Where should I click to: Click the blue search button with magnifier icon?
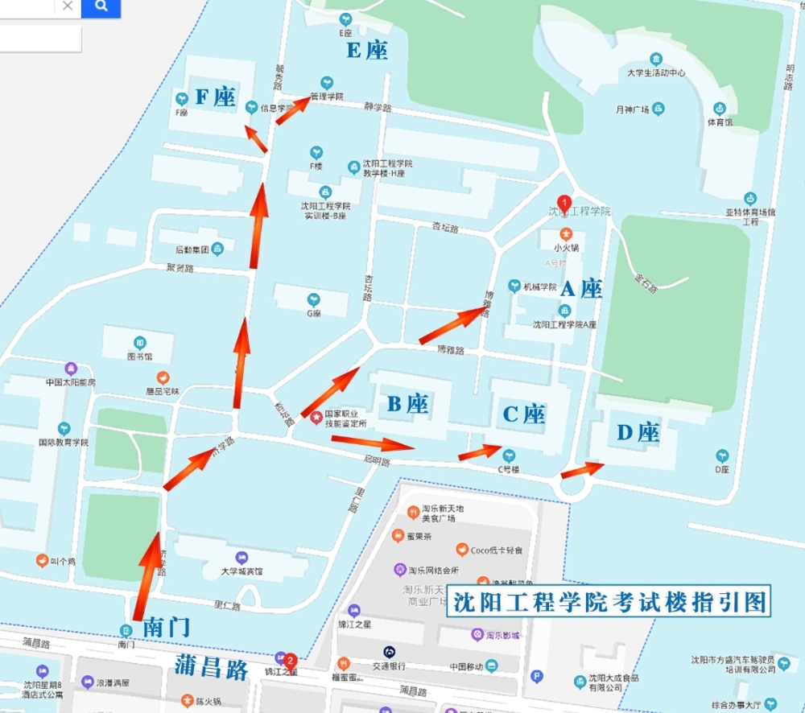click(x=101, y=7)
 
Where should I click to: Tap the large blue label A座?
click(x=581, y=289)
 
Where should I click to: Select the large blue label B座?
click(x=407, y=404)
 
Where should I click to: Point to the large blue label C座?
click(x=524, y=414)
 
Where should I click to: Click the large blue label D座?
click(x=638, y=433)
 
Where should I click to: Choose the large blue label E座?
click(x=367, y=52)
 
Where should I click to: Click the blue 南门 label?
click(x=166, y=628)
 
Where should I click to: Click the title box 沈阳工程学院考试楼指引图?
click(x=609, y=601)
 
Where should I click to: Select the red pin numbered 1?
click(x=565, y=204)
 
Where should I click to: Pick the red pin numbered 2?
click(x=291, y=660)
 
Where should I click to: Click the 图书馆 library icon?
click(x=140, y=343)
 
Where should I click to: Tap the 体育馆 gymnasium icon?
click(x=720, y=108)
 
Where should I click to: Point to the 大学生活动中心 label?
click(x=656, y=72)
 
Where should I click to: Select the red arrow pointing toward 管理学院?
click(x=293, y=110)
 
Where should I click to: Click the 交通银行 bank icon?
click(x=389, y=651)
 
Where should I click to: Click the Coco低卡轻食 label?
click(x=496, y=550)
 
